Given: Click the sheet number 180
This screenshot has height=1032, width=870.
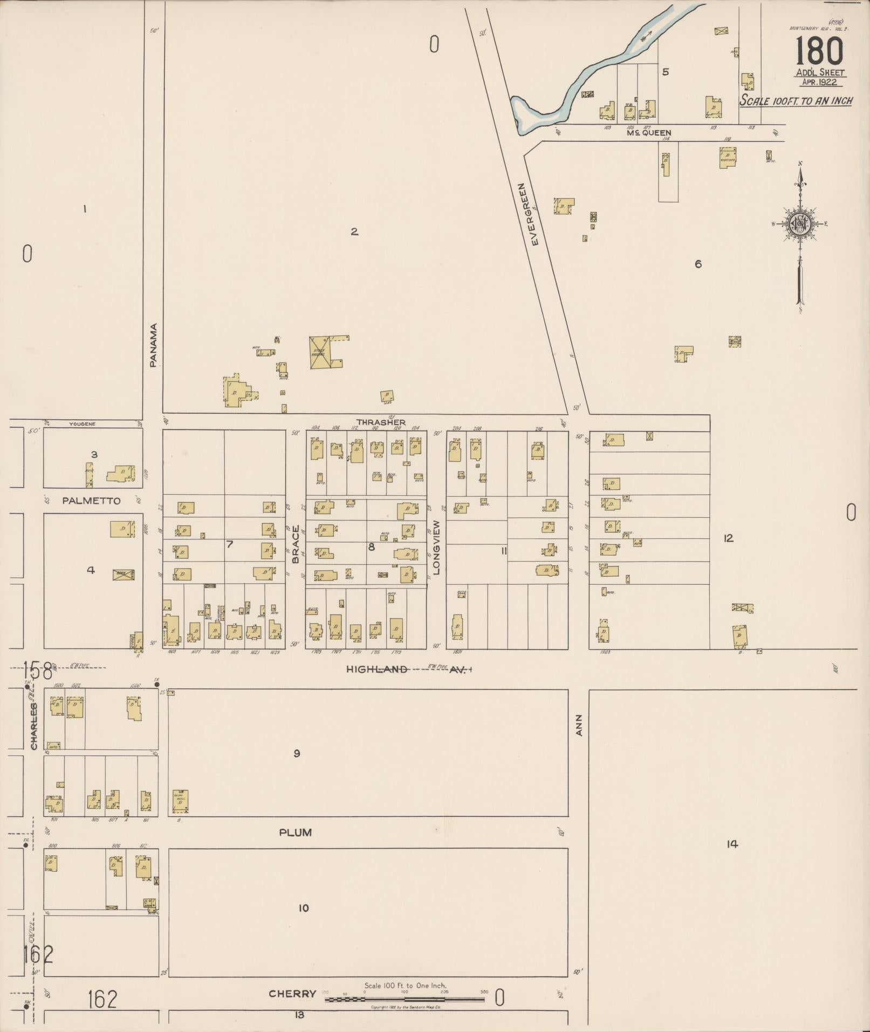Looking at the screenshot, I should pos(819,52).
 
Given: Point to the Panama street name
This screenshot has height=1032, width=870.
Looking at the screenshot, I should pos(153,345).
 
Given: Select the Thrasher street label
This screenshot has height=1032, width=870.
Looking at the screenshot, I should pos(381,422).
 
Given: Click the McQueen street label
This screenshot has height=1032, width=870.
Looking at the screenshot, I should pos(649,133).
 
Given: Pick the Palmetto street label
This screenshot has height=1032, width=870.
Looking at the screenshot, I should pos(91,501).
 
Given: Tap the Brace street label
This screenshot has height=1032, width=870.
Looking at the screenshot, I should pos(296,544).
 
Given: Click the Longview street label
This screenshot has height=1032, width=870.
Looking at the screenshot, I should pos(437,547).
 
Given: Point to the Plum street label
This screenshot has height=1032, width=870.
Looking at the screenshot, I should pos(295,832).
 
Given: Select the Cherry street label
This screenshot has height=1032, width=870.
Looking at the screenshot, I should pos(292,994).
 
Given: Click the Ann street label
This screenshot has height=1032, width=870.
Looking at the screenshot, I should pos(579,725).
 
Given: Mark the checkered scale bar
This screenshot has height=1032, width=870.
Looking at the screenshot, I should pos(405,1000).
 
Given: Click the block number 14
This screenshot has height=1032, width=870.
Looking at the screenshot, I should pos(731,844).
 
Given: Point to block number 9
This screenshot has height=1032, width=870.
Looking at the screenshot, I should pos(296,754).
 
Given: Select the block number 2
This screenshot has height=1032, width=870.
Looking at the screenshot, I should pos(354,232).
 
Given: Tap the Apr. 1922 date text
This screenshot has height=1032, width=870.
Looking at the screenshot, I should pos(819,82).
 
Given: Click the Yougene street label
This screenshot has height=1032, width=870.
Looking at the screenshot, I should pos(82,424).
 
